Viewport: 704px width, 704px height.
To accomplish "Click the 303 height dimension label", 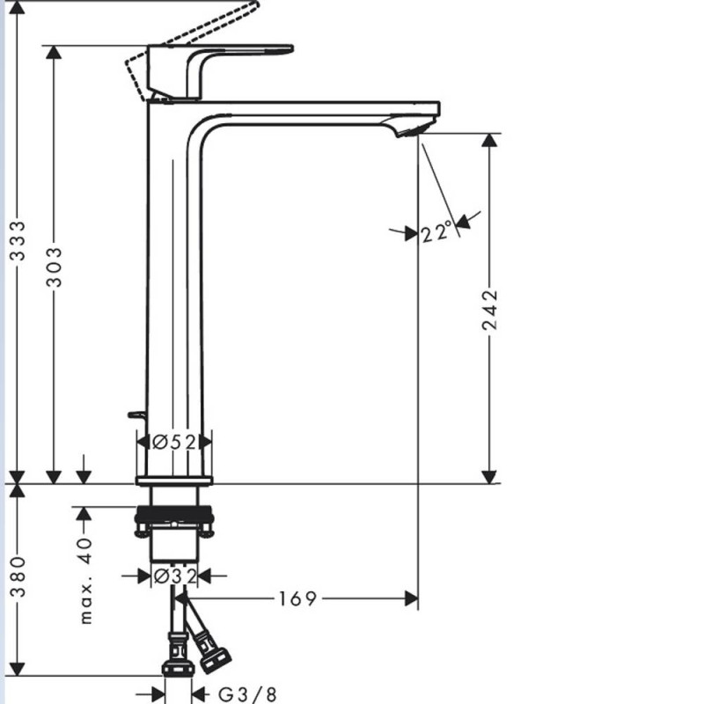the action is (55, 267).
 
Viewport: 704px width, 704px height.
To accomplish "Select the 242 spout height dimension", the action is (490, 310).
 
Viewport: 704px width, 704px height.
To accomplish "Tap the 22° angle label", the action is (436, 232).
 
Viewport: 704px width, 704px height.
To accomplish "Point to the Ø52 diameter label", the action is (174, 443).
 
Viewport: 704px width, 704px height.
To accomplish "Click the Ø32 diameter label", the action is (175, 576).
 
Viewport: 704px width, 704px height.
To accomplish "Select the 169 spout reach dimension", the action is (297, 598).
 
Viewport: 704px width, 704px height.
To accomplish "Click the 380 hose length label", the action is (18, 576).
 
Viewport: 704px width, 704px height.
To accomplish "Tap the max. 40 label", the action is (85, 581).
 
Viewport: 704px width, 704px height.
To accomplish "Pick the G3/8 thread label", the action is (247, 694).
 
